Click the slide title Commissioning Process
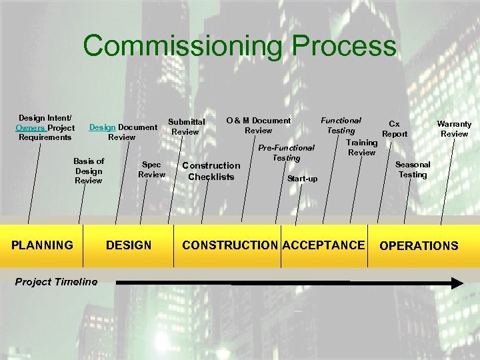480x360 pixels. [239, 47]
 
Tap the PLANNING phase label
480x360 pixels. [43, 245]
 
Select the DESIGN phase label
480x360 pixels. [129, 245]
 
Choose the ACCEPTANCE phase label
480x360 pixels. [323, 245]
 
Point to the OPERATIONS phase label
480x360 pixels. [419, 245]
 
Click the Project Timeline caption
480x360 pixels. [56, 281]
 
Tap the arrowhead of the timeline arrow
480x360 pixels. [455, 283]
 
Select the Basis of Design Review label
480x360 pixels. [89, 171]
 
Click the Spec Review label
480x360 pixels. [151, 169]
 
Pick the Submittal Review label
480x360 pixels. [186, 127]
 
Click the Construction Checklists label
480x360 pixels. [211, 171]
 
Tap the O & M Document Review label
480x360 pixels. [259, 125]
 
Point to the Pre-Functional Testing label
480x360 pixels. [286, 153]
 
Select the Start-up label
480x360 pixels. [302, 179]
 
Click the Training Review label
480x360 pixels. [362, 147]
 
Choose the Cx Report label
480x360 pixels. [395, 129]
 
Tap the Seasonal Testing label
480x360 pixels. [413, 169]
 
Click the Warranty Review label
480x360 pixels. [454, 129]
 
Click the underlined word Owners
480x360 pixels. [31, 127]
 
